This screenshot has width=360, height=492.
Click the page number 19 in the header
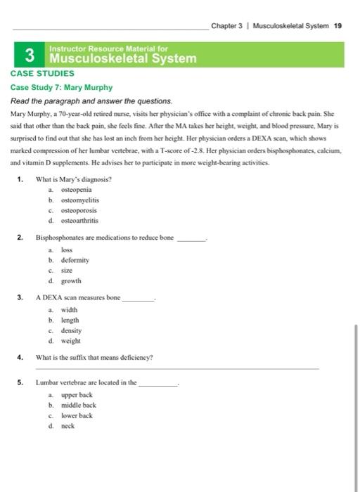(337, 26)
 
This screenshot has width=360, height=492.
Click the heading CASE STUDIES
(42, 72)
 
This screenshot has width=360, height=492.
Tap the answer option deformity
(75, 259)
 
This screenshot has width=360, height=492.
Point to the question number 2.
(21, 239)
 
